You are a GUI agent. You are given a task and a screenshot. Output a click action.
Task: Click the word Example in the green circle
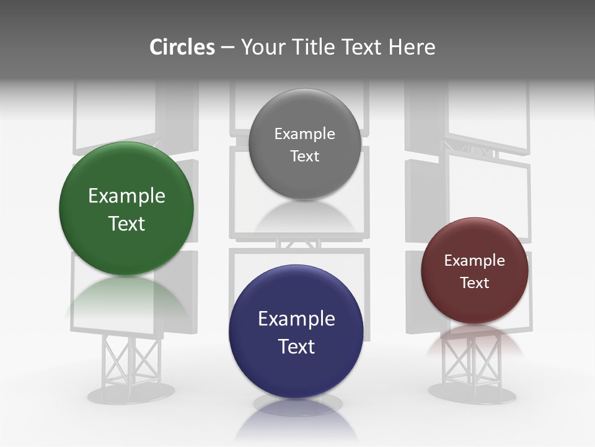tap(126, 196)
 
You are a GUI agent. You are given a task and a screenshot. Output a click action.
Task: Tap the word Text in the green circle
tap(126, 223)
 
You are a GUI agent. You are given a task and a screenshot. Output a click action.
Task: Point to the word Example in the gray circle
tap(304, 134)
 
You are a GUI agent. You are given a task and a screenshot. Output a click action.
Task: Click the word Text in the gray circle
tap(304, 156)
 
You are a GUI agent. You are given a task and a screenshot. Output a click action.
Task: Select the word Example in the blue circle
tap(296, 319)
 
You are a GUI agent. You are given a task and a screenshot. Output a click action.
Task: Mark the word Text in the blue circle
tap(296, 346)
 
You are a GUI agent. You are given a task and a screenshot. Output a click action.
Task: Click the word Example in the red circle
tap(475, 261)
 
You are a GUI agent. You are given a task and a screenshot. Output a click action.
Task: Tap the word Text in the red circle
tap(475, 283)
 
